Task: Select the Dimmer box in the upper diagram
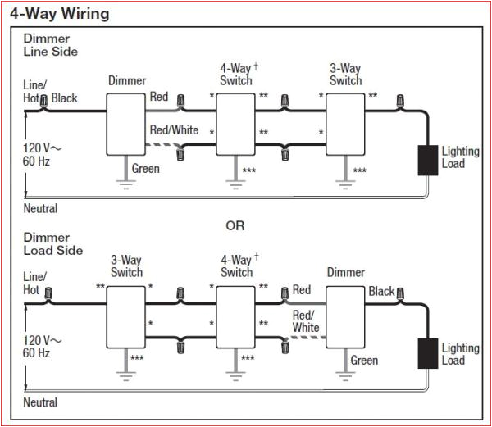click(x=126, y=122)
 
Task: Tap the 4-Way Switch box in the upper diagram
click(x=236, y=122)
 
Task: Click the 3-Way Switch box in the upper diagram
click(x=345, y=122)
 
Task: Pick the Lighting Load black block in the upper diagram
click(x=428, y=159)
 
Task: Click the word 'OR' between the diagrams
click(x=235, y=225)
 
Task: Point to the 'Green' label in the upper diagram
click(x=146, y=169)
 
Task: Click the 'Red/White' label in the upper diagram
click(x=174, y=129)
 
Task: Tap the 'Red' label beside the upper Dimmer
click(x=159, y=97)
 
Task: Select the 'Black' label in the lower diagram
click(x=381, y=291)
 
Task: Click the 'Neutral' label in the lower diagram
click(x=40, y=402)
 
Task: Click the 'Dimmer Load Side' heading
click(x=52, y=243)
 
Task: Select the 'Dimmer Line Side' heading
click(x=50, y=45)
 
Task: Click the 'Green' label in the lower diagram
click(x=364, y=361)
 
